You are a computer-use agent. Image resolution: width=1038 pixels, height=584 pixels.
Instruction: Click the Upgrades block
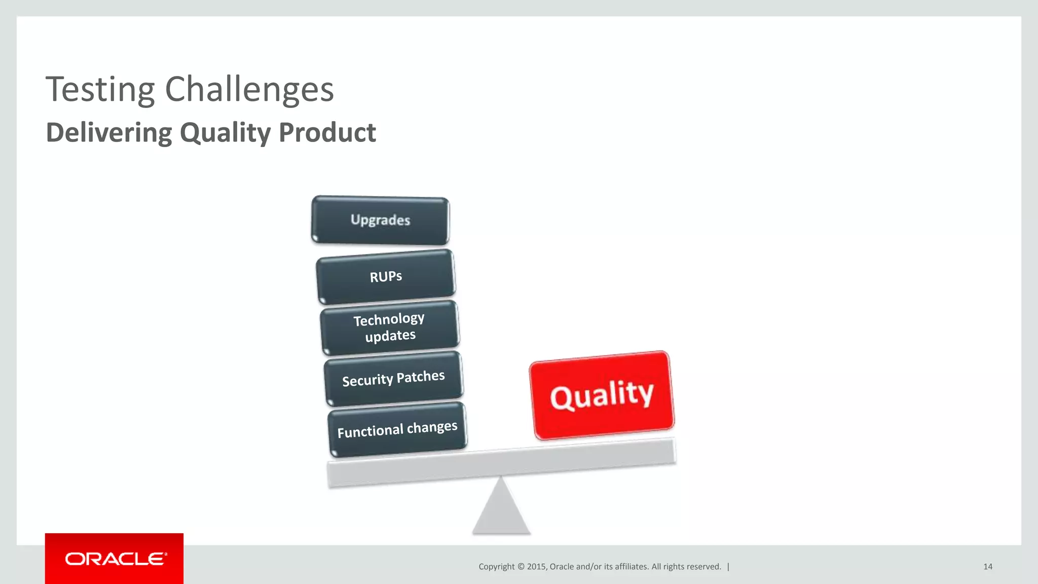pos(380,221)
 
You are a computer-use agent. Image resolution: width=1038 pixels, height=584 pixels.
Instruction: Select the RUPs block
pos(386,277)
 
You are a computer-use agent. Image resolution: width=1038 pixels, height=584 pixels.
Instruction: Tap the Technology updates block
pos(389,327)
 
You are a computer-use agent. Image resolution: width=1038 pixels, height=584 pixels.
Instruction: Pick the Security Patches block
pos(393,379)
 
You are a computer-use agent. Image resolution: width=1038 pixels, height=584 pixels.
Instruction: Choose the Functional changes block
pos(397,429)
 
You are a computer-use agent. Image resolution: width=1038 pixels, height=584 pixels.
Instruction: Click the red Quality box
pos(602,395)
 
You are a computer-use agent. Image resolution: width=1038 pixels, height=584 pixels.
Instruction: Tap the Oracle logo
pos(115,559)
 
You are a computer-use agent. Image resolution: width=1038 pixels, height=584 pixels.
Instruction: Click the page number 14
pos(987,567)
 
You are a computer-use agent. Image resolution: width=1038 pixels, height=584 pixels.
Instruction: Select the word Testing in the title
pos(100,90)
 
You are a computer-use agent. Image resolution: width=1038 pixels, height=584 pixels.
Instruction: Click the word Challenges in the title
pos(249,90)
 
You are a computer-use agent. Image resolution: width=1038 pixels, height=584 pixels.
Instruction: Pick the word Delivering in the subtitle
pos(109,133)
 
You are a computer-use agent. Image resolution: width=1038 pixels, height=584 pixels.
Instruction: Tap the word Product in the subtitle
pos(327,133)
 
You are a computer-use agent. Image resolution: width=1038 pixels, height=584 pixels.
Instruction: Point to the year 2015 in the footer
pos(536,567)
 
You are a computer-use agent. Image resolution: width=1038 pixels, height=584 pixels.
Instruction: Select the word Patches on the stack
pos(421,377)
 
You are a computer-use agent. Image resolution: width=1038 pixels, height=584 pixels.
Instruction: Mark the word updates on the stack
pos(390,336)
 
